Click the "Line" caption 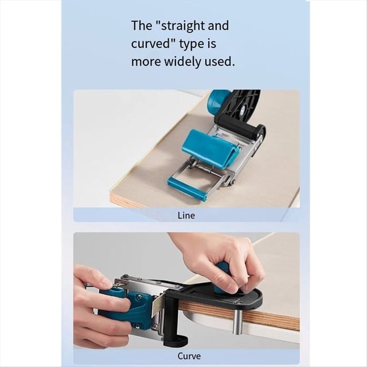[x=186, y=216]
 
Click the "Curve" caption [x=189, y=356]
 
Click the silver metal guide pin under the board [x=236, y=322]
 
